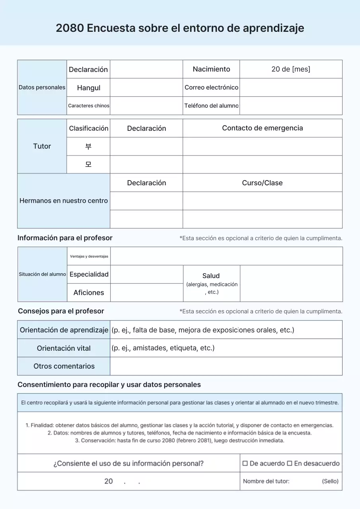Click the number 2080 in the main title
tap(70, 28)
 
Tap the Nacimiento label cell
tap(211, 69)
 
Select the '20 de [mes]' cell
tap(291, 69)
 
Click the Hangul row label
tap(88, 88)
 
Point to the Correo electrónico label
tap(211, 87)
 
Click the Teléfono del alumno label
tap(211, 106)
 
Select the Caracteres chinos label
tap(88, 106)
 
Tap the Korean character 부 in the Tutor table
tap(88, 147)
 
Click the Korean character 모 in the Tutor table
tap(88, 165)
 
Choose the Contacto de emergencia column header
tap(262, 128)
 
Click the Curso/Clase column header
tap(262, 183)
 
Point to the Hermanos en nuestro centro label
tap(64, 201)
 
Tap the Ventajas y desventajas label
tap(89, 256)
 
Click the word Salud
tap(211, 276)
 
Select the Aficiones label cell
tap(89, 293)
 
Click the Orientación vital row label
tap(64, 348)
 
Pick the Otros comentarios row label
tap(64, 366)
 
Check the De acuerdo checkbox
tap(245, 464)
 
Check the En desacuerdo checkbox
tap(290, 464)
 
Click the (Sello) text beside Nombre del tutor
tap(330, 482)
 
